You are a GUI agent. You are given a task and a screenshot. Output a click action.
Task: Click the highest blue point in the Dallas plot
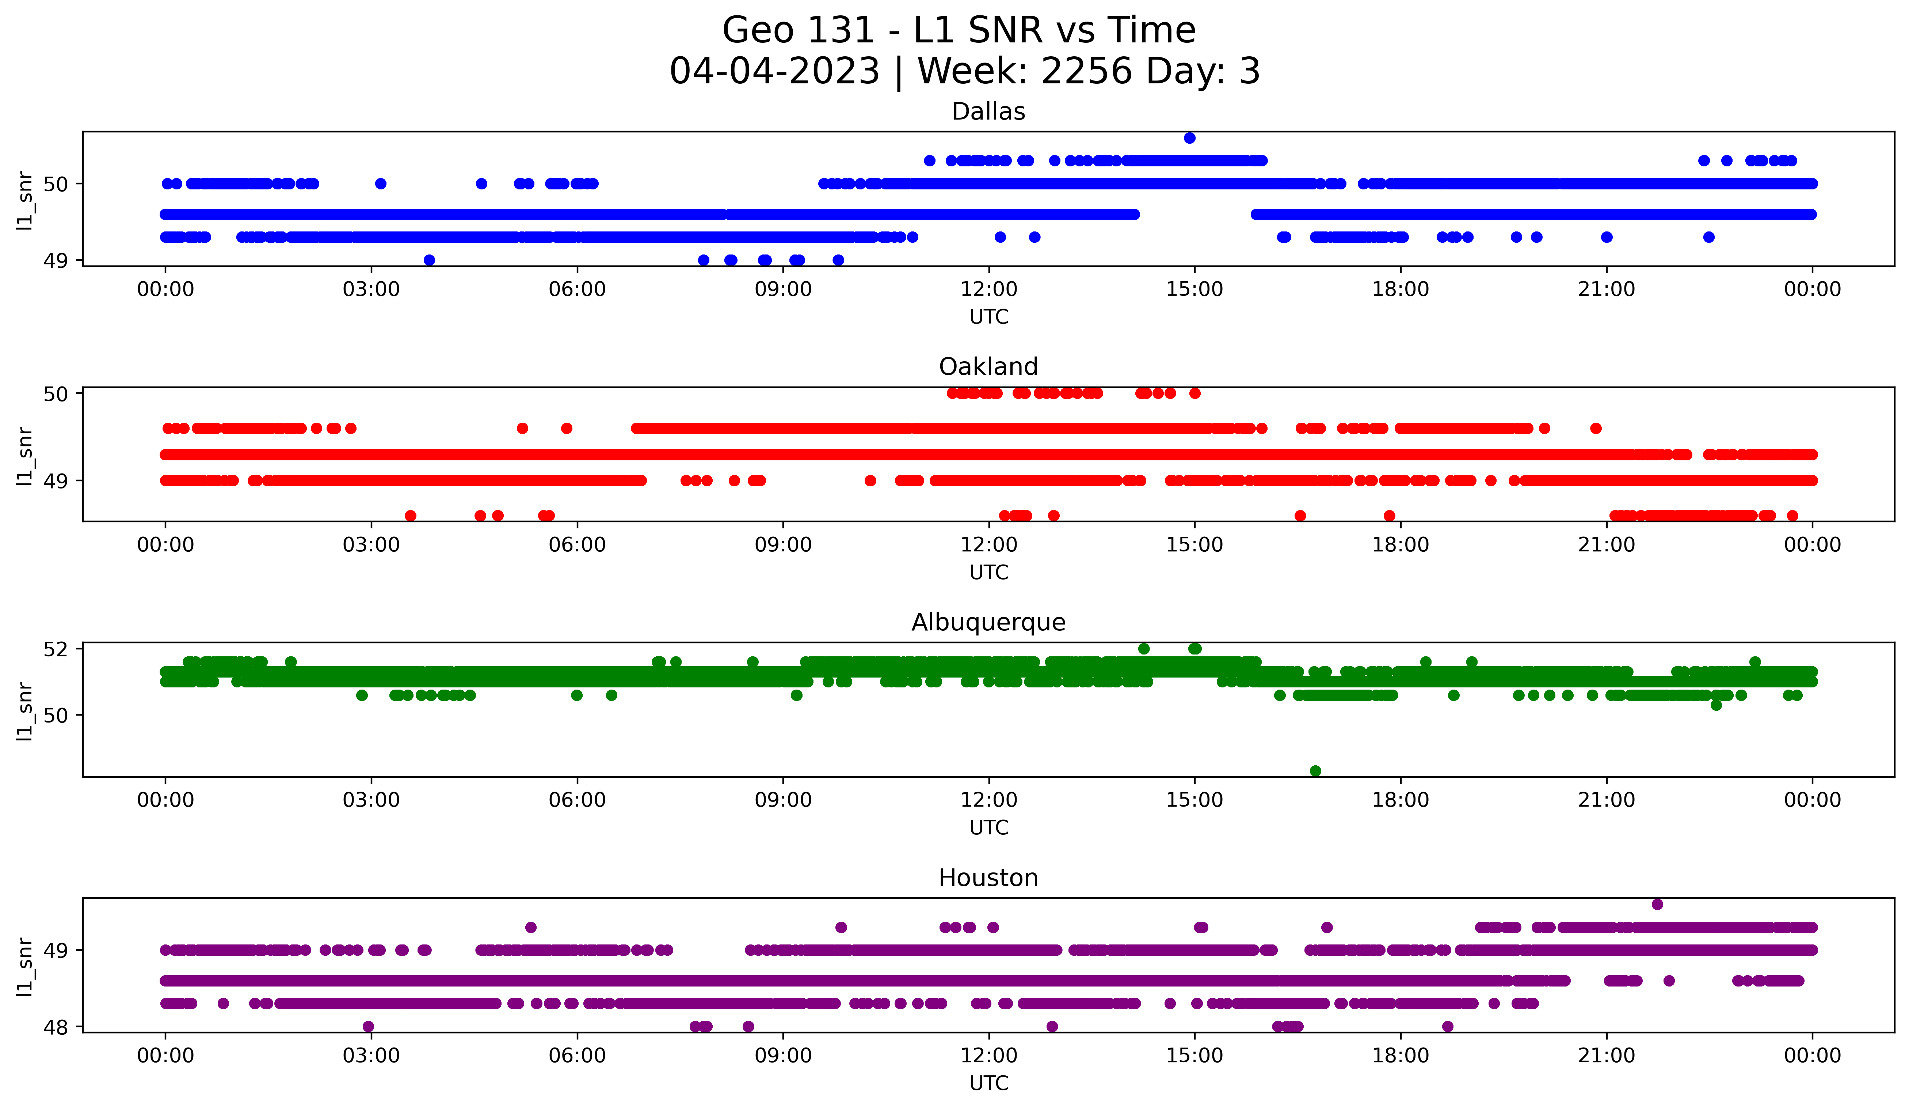point(1189,138)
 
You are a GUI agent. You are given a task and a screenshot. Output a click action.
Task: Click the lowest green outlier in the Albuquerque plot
point(1315,771)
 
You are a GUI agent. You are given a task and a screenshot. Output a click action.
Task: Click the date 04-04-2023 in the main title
point(774,71)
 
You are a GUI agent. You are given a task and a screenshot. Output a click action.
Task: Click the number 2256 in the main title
point(1087,71)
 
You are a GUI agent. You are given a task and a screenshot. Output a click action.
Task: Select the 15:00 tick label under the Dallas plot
point(1194,290)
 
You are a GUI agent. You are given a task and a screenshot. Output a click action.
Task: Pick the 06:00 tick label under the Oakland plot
point(577,545)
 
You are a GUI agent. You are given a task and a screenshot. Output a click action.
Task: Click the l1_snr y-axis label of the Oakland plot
point(25,455)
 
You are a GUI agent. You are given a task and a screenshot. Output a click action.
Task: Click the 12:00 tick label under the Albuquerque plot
point(988,800)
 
